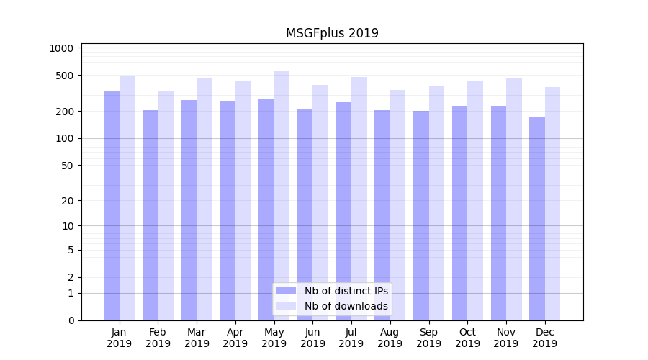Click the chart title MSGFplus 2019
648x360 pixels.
click(x=332, y=33)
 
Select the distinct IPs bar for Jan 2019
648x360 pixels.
click(x=112, y=205)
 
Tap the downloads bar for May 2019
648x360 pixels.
click(x=282, y=195)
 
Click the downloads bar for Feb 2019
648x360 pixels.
click(x=166, y=205)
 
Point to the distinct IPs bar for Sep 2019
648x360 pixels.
click(x=421, y=215)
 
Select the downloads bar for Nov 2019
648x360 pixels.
click(x=514, y=199)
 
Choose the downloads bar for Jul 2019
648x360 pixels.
click(x=359, y=199)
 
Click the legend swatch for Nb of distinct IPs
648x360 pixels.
click(x=287, y=291)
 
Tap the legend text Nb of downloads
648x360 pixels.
click(x=346, y=306)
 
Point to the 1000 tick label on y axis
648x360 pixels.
click(x=61, y=48)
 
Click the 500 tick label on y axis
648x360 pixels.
click(x=64, y=76)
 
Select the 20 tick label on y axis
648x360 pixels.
click(x=67, y=201)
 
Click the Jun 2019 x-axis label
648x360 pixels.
click(x=312, y=338)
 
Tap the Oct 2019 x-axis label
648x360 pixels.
click(x=467, y=338)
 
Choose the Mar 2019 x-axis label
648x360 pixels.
click(x=197, y=338)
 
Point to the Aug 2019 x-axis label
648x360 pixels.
click(x=390, y=338)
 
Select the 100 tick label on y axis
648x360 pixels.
click(x=64, y=138)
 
